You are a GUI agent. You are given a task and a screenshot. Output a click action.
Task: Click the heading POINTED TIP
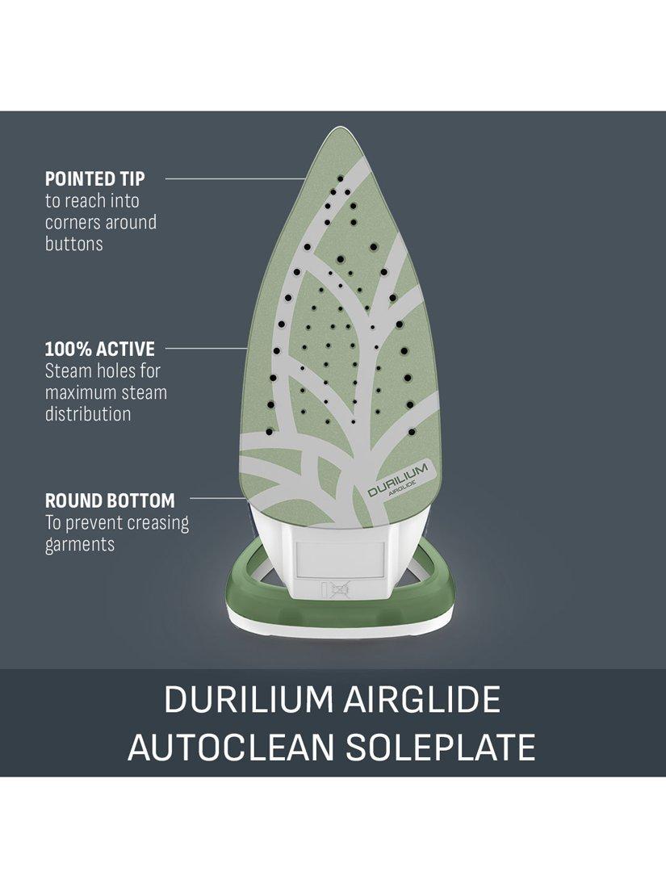[x=94, y=179]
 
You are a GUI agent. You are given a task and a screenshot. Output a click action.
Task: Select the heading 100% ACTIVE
[x=99, y=349]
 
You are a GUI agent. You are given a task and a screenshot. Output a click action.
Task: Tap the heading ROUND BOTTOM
[x=110, y=501]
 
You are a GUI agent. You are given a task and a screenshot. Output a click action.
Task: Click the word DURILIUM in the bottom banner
[x=249, y=699]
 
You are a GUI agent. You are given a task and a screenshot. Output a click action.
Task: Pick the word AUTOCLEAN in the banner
[x=232, y=747]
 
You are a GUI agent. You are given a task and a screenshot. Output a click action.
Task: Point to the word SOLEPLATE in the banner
[x=441, y=747]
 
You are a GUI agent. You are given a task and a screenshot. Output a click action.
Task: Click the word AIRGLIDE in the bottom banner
[x=422, y=699]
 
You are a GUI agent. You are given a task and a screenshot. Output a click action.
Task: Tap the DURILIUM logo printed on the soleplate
[x=397, y=480]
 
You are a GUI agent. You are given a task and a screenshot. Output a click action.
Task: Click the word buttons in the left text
[x=74, y=244]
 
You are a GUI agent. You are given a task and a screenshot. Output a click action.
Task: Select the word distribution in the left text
[x=88, y=413]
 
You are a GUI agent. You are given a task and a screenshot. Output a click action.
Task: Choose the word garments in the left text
[x=80, y=545]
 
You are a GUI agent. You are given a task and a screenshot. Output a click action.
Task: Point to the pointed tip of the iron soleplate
[x=339, y=128]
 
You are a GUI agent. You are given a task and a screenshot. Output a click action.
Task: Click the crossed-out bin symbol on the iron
[x=337, y=591]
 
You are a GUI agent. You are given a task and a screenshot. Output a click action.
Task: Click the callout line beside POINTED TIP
[x=236, y=179]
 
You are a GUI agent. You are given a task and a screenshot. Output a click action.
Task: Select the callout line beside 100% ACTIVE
[x=206, y=349]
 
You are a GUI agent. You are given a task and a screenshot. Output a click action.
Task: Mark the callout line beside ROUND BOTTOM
[x=217, y=498]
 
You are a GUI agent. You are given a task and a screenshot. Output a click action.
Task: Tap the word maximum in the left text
[x=78, y=392]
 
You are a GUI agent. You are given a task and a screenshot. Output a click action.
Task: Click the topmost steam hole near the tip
[x=341, y=179]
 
